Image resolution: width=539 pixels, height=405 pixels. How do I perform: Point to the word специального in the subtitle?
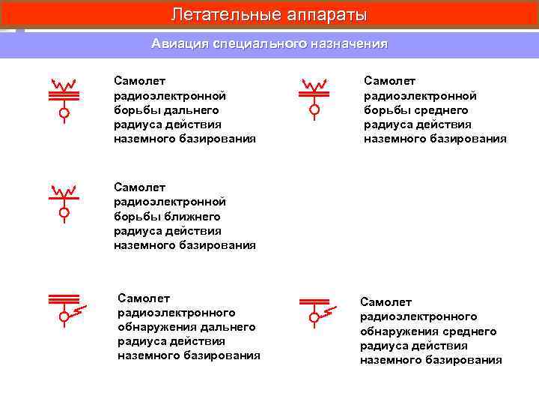(x=260, y=43)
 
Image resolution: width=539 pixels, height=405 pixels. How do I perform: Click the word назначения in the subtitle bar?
(x=348, y=43)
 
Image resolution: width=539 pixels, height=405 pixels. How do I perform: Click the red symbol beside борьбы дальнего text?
(x=64, y=97)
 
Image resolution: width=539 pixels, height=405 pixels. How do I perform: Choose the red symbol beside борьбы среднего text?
(x=314, y=97)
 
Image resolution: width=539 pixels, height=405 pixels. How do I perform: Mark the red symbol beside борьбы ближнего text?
(x=64, y=201)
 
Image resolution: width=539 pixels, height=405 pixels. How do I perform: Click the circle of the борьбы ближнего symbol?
(x=64, y=214)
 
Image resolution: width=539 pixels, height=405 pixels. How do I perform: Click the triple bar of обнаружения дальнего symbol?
(x=64, y=299)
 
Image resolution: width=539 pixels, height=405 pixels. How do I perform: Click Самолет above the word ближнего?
(x=139, y=187)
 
